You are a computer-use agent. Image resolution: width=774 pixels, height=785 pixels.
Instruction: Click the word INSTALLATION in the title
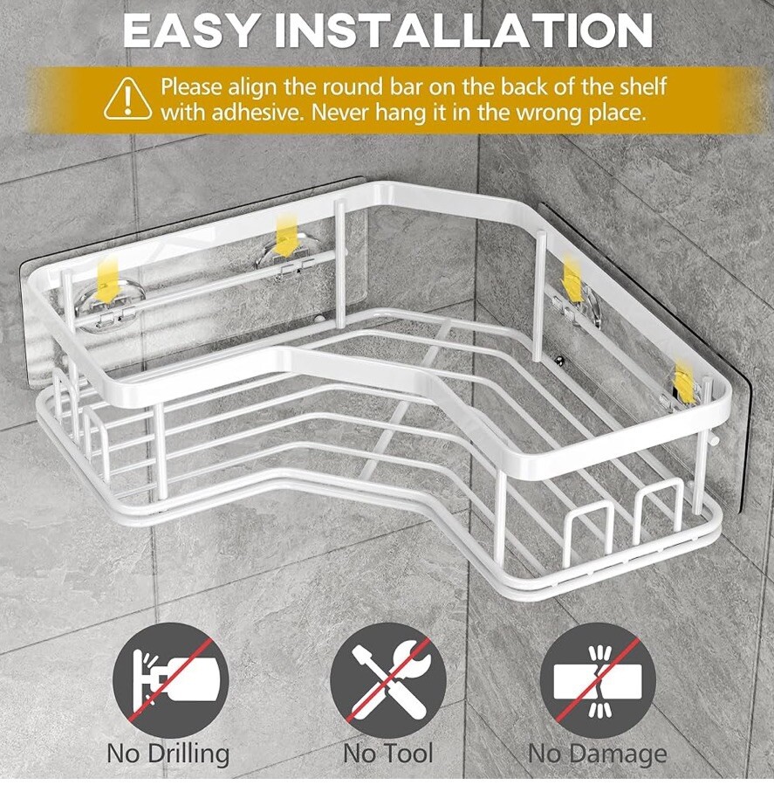point(464,31)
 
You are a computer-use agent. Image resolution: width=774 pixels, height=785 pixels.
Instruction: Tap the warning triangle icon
point(128,99)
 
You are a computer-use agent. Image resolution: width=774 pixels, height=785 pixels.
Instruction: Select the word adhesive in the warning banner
point(257,113)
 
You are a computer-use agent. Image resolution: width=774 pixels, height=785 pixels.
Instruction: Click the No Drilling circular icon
point(171,680)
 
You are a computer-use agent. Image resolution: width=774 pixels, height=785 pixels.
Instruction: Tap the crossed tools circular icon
point(388,680)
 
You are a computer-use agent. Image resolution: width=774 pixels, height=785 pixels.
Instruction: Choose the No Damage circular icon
point(598,680)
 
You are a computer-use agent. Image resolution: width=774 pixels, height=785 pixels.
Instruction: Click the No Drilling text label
point(168,754)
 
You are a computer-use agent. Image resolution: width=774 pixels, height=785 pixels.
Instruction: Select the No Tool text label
point(388,754)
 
